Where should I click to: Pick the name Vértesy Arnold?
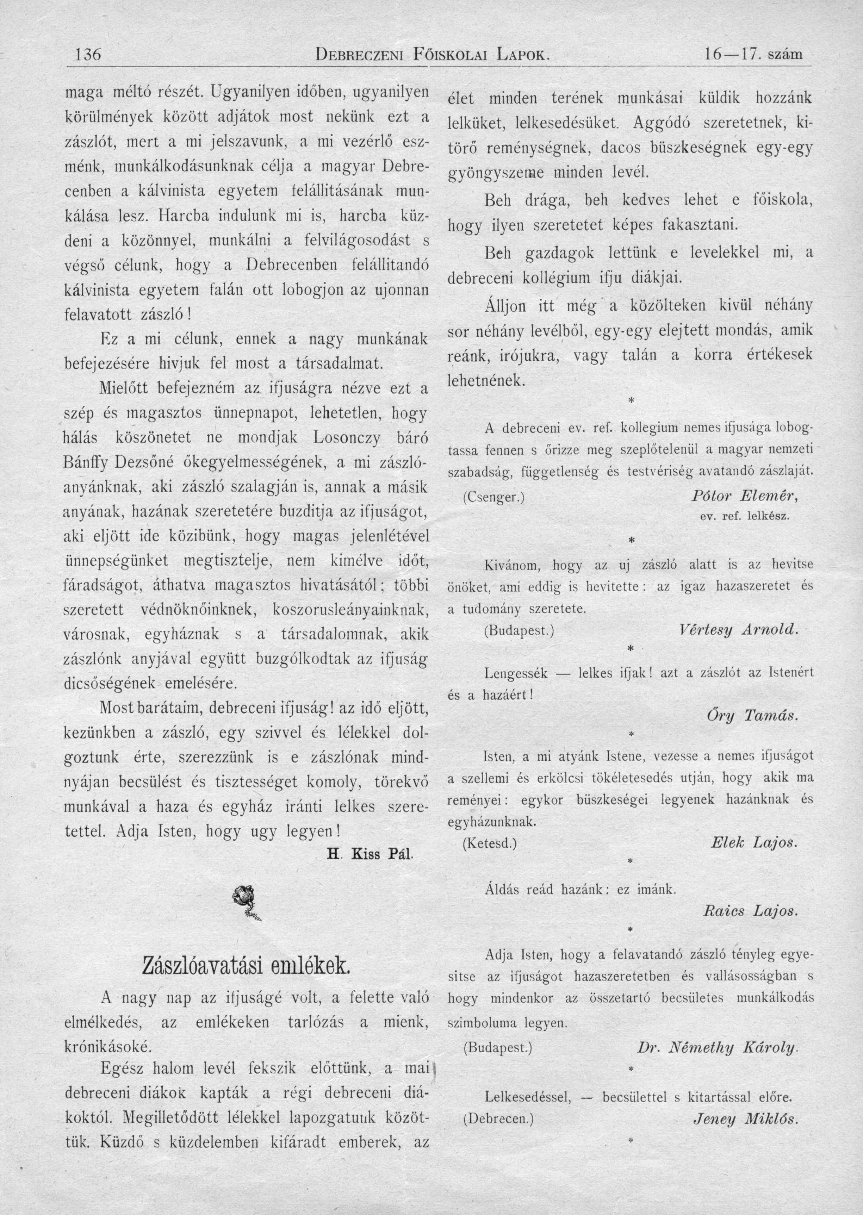click(739, 630)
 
